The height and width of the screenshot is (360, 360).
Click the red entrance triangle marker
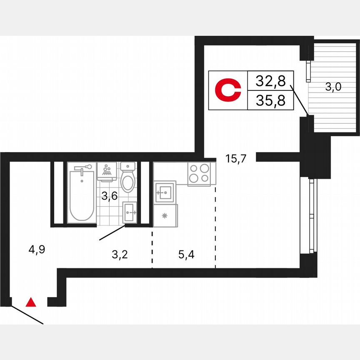point(31,302)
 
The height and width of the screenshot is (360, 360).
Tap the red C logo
point(228,91)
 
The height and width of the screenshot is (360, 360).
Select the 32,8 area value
point(270,81)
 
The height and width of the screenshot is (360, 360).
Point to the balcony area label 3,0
point(333,87)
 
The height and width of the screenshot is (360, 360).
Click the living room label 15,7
point(236,159)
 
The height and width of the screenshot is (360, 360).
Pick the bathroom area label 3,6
point(109,196)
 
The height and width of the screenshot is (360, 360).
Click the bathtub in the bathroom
point(82,194)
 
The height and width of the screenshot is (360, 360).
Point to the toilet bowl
point(127,179)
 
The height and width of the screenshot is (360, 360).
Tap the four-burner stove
point(199,173)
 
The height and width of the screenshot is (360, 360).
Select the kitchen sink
point(165,192)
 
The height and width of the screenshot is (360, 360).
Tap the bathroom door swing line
point(112,233)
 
